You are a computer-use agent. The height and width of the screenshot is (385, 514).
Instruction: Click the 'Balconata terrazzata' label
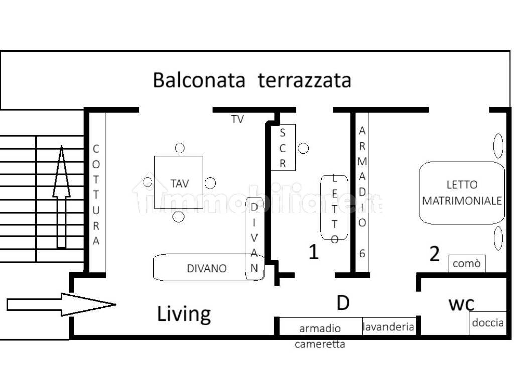(251, 80)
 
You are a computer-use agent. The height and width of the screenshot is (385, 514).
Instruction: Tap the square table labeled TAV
(179, 182)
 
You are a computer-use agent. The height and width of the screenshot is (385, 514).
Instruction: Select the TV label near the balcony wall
(237, 119)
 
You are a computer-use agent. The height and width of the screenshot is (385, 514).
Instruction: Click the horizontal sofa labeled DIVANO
(201, 268)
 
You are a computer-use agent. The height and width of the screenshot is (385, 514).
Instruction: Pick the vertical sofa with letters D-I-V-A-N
(254, 238)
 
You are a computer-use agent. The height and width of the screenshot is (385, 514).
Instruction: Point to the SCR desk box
(283, 147)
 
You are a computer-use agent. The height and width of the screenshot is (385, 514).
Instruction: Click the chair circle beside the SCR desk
(303, 148)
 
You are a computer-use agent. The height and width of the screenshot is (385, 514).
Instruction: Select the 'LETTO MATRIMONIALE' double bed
(462, 193)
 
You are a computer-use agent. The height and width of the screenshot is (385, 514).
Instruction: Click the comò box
(467, 263)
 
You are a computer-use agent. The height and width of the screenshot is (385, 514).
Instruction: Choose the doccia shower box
(487, 323)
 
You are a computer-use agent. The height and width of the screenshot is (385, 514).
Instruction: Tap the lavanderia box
(389, 327)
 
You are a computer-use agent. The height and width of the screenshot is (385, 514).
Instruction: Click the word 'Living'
(184, 314)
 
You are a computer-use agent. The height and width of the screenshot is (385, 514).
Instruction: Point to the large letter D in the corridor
(343, 302)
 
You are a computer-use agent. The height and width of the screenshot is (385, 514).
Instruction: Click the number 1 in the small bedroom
(313, 252)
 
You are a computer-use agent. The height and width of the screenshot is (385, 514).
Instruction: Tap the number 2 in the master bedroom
(434, 254)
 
